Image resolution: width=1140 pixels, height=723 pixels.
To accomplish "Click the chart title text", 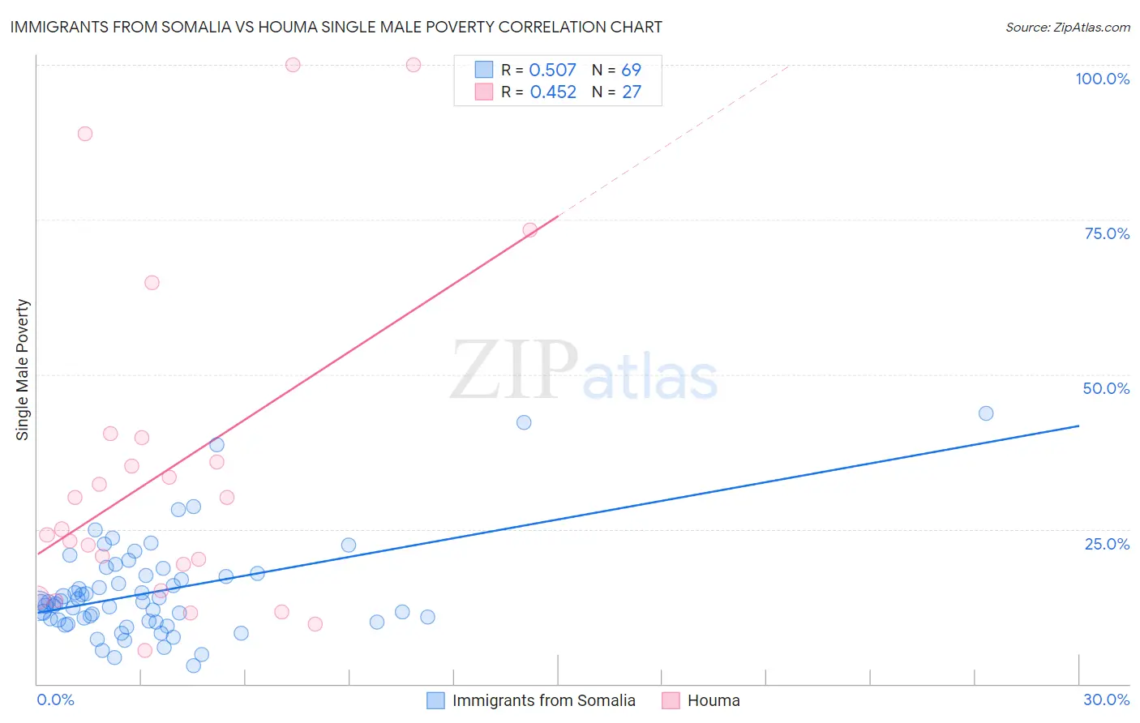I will point(336,27).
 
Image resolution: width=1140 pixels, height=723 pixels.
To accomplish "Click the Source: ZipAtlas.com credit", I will point(1067,27).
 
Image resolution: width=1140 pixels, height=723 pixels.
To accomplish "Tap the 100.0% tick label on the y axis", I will point(1102,79).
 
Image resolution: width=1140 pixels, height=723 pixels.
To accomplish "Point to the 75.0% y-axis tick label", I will point(1107,233).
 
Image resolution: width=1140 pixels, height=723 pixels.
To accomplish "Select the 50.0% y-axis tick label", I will point(1106,388).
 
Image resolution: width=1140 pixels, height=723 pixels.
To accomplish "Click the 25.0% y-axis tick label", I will point(1107,543).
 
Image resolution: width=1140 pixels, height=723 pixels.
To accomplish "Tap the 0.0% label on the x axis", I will point(55,699).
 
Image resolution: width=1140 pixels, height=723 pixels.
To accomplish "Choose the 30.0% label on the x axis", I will point(1106,699).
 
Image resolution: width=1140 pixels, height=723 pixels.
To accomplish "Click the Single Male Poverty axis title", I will point(23,370).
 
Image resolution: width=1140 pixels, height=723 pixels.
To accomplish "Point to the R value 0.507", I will point(552,71).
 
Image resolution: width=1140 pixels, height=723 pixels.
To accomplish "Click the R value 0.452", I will point(553,92).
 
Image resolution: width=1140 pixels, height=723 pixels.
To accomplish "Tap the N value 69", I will point(631,71).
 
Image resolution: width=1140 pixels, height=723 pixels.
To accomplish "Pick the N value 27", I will point(631,92).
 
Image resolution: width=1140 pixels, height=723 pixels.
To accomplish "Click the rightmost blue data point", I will point(986,413).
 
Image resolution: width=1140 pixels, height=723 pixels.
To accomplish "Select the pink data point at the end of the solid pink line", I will point(529,229).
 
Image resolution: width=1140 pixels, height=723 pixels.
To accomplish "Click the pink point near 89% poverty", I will point(85,134).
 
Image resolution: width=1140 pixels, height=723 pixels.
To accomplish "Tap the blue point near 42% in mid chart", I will point(524,422).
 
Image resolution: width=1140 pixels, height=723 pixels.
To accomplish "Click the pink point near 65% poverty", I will point(152,283).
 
